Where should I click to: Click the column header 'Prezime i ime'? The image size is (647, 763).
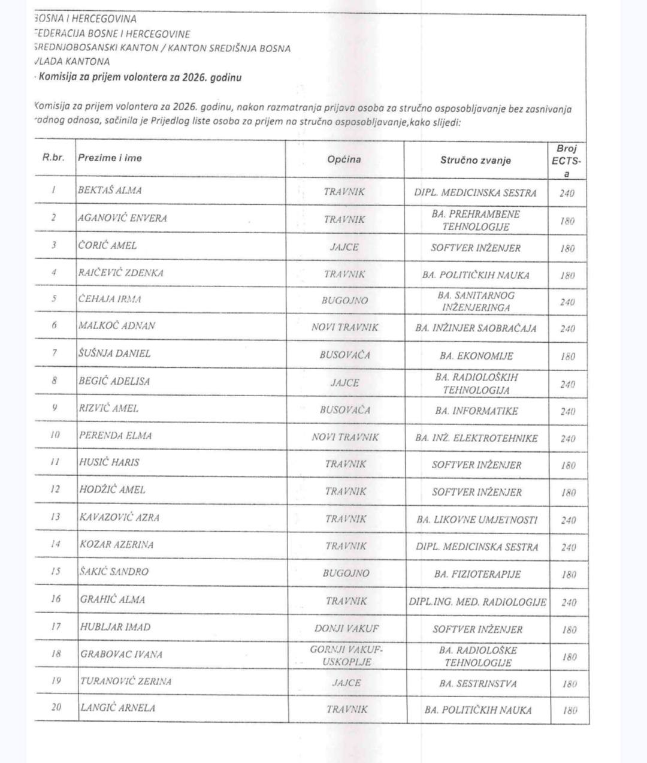pos(110,158)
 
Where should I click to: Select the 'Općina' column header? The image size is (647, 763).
pos(344,159)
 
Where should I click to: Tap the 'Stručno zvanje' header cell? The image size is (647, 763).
pos(476,160)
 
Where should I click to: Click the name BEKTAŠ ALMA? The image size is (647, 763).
pos(110,191)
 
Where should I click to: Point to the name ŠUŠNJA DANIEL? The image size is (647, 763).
pos(114,354)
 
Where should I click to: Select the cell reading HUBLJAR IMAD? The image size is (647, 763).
pos(115,627)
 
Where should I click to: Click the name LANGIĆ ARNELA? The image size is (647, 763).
pos(117,708)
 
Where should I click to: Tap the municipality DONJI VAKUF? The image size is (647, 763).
pos(346,628)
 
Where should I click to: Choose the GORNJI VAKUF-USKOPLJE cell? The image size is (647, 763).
pos(346,656)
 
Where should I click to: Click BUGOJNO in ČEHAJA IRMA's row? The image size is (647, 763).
pos(344,300)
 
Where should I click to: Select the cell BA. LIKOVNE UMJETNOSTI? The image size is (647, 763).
pos(477,520)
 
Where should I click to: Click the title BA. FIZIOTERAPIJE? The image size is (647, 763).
pos(477,574)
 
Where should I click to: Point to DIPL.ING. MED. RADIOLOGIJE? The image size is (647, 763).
pos(477,602)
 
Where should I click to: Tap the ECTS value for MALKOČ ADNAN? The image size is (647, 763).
pos(567,329)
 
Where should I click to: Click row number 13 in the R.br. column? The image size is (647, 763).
pos(55,517)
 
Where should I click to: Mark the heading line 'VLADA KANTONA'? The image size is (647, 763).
pos(72,61)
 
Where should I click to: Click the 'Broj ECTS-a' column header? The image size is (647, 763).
pos(567,160)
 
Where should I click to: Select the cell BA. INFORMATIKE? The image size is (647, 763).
pos(476,411)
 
